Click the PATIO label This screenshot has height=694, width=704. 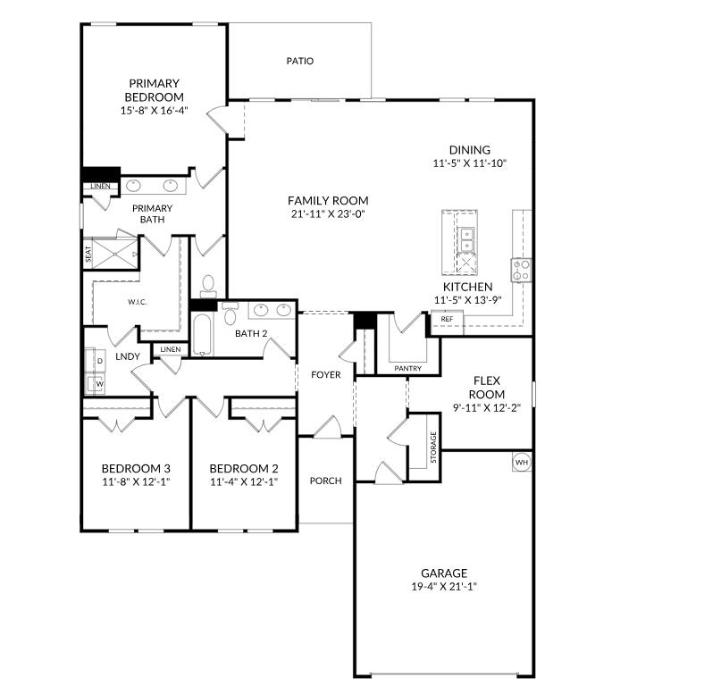point(300,61)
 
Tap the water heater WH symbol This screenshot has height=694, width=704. point(521,462)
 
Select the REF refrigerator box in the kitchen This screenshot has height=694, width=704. point(448,319)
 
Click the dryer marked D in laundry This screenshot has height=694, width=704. point(96,361)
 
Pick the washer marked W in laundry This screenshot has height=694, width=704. point(96,384)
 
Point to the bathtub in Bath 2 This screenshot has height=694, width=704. point(202,335)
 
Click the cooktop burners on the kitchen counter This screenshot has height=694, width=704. point(521,271)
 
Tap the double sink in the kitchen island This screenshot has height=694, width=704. point(466,240)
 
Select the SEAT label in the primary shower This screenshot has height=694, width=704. point(88,254)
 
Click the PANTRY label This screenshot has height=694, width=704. point(407,368)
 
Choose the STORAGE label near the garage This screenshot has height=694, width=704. point(433,447)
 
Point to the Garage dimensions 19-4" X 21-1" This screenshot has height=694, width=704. point(444,586)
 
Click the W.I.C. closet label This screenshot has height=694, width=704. point(137,302)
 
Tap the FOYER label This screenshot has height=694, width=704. point(325,374)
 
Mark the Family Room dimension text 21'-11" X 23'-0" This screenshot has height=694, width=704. point(328,214)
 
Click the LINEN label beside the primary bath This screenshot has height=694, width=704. point(100,186)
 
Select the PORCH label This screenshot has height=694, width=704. point(325,481)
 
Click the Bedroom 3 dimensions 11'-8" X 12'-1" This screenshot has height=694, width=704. point(136,481)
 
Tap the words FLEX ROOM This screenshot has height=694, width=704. point(487,388)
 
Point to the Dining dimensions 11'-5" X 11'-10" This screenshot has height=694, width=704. point(470,163)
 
